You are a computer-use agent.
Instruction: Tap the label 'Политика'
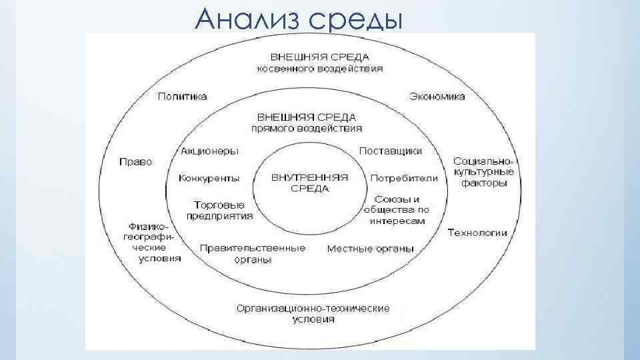click(x=182, y=97)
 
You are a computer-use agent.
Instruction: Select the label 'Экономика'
click(x=437, y=97)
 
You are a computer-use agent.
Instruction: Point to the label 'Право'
click(x=135, y=162)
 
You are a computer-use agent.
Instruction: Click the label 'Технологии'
click(x=477, y=233)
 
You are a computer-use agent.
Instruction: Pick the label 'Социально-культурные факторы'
click(x=479, y=172)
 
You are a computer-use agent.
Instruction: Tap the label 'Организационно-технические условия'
click(x=313, y=313)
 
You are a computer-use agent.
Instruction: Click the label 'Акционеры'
click(x=209, y=151)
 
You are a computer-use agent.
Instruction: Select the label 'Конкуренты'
click(x=209, y=179)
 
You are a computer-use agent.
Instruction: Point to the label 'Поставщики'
click(x=391, y=151)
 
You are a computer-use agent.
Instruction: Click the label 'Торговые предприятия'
click(x=219, y=210)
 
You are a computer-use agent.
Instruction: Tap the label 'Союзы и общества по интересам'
click(x=397, y=210)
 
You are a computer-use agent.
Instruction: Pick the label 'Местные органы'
click(x=370, y=249)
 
